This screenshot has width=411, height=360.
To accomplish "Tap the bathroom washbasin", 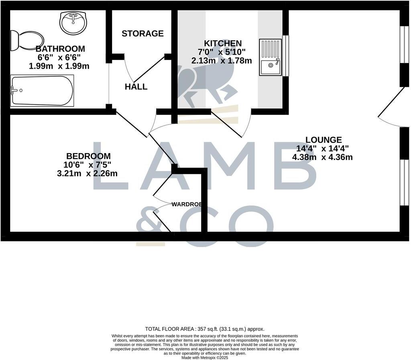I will (x=73, y=22).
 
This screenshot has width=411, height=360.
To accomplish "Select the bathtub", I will (x=42, y=90).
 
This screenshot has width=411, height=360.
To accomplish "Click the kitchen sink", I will (x=271, y=57).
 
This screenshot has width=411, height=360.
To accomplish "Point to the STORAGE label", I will (x=142, y=33).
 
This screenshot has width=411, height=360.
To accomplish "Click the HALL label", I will (x=136, y=87).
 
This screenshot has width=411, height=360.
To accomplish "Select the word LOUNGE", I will (x=324, y=140).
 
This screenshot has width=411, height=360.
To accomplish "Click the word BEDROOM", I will (x=88, y=156).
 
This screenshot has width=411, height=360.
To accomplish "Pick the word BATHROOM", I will (x=60, y=49).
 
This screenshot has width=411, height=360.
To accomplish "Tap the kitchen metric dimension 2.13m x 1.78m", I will (x=222, y=61).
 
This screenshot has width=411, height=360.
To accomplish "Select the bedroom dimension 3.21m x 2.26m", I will (x=87, y=174).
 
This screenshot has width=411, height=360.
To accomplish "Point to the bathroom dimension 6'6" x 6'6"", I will (x=59, y=57).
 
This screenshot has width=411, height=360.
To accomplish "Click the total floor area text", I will (x=205, y=329).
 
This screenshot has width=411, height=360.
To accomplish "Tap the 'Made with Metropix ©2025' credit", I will (x=205, y=357).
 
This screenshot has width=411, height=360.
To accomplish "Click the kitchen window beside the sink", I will (x=286, y=56).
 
